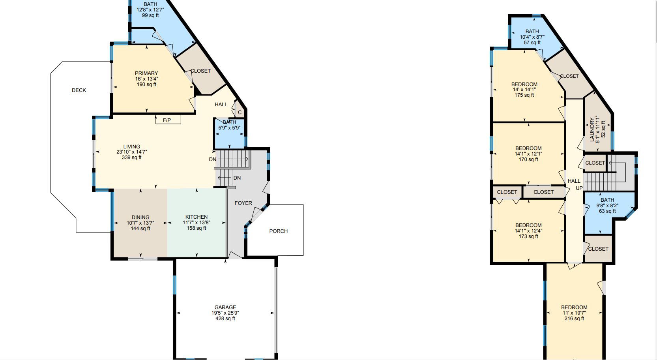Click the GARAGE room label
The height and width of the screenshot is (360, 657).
click(x=225, y=307)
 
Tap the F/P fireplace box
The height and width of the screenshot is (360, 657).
click(x=167, y=120)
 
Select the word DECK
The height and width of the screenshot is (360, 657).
click(x=79, y=90)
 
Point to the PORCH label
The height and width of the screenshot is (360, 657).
click(x=279, y=231)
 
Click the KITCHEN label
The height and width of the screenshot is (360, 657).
click(x=197, y=217)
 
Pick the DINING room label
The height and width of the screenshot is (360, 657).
click(x=140, y=217)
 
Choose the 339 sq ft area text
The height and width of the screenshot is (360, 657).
click(x=132, y=157)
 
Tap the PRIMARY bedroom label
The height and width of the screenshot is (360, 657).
click(x=146, y=73)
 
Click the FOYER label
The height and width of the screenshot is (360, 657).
click(x=243, y=203)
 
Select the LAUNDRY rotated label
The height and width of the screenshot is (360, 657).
click(x=592, y=129)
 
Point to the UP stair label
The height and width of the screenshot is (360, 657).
click(x=579, y=188)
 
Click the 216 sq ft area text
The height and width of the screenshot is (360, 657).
click(x=574, y=319)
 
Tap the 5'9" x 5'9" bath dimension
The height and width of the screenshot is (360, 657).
click(x=229, y=128)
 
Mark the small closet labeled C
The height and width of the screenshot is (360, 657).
click(x=240, y=112)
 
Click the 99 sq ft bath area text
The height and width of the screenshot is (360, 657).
click(x=150, y=15)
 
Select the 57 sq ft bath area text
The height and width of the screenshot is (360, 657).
click(x=532, y=43)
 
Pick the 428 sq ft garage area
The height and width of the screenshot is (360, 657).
click(x=225, y=319)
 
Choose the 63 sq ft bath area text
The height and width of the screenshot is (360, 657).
click(x=607, y=211)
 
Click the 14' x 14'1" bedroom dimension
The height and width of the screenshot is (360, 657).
click(x=524, y=90)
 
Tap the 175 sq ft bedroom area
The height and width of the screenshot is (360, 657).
click(x=524, y=95)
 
